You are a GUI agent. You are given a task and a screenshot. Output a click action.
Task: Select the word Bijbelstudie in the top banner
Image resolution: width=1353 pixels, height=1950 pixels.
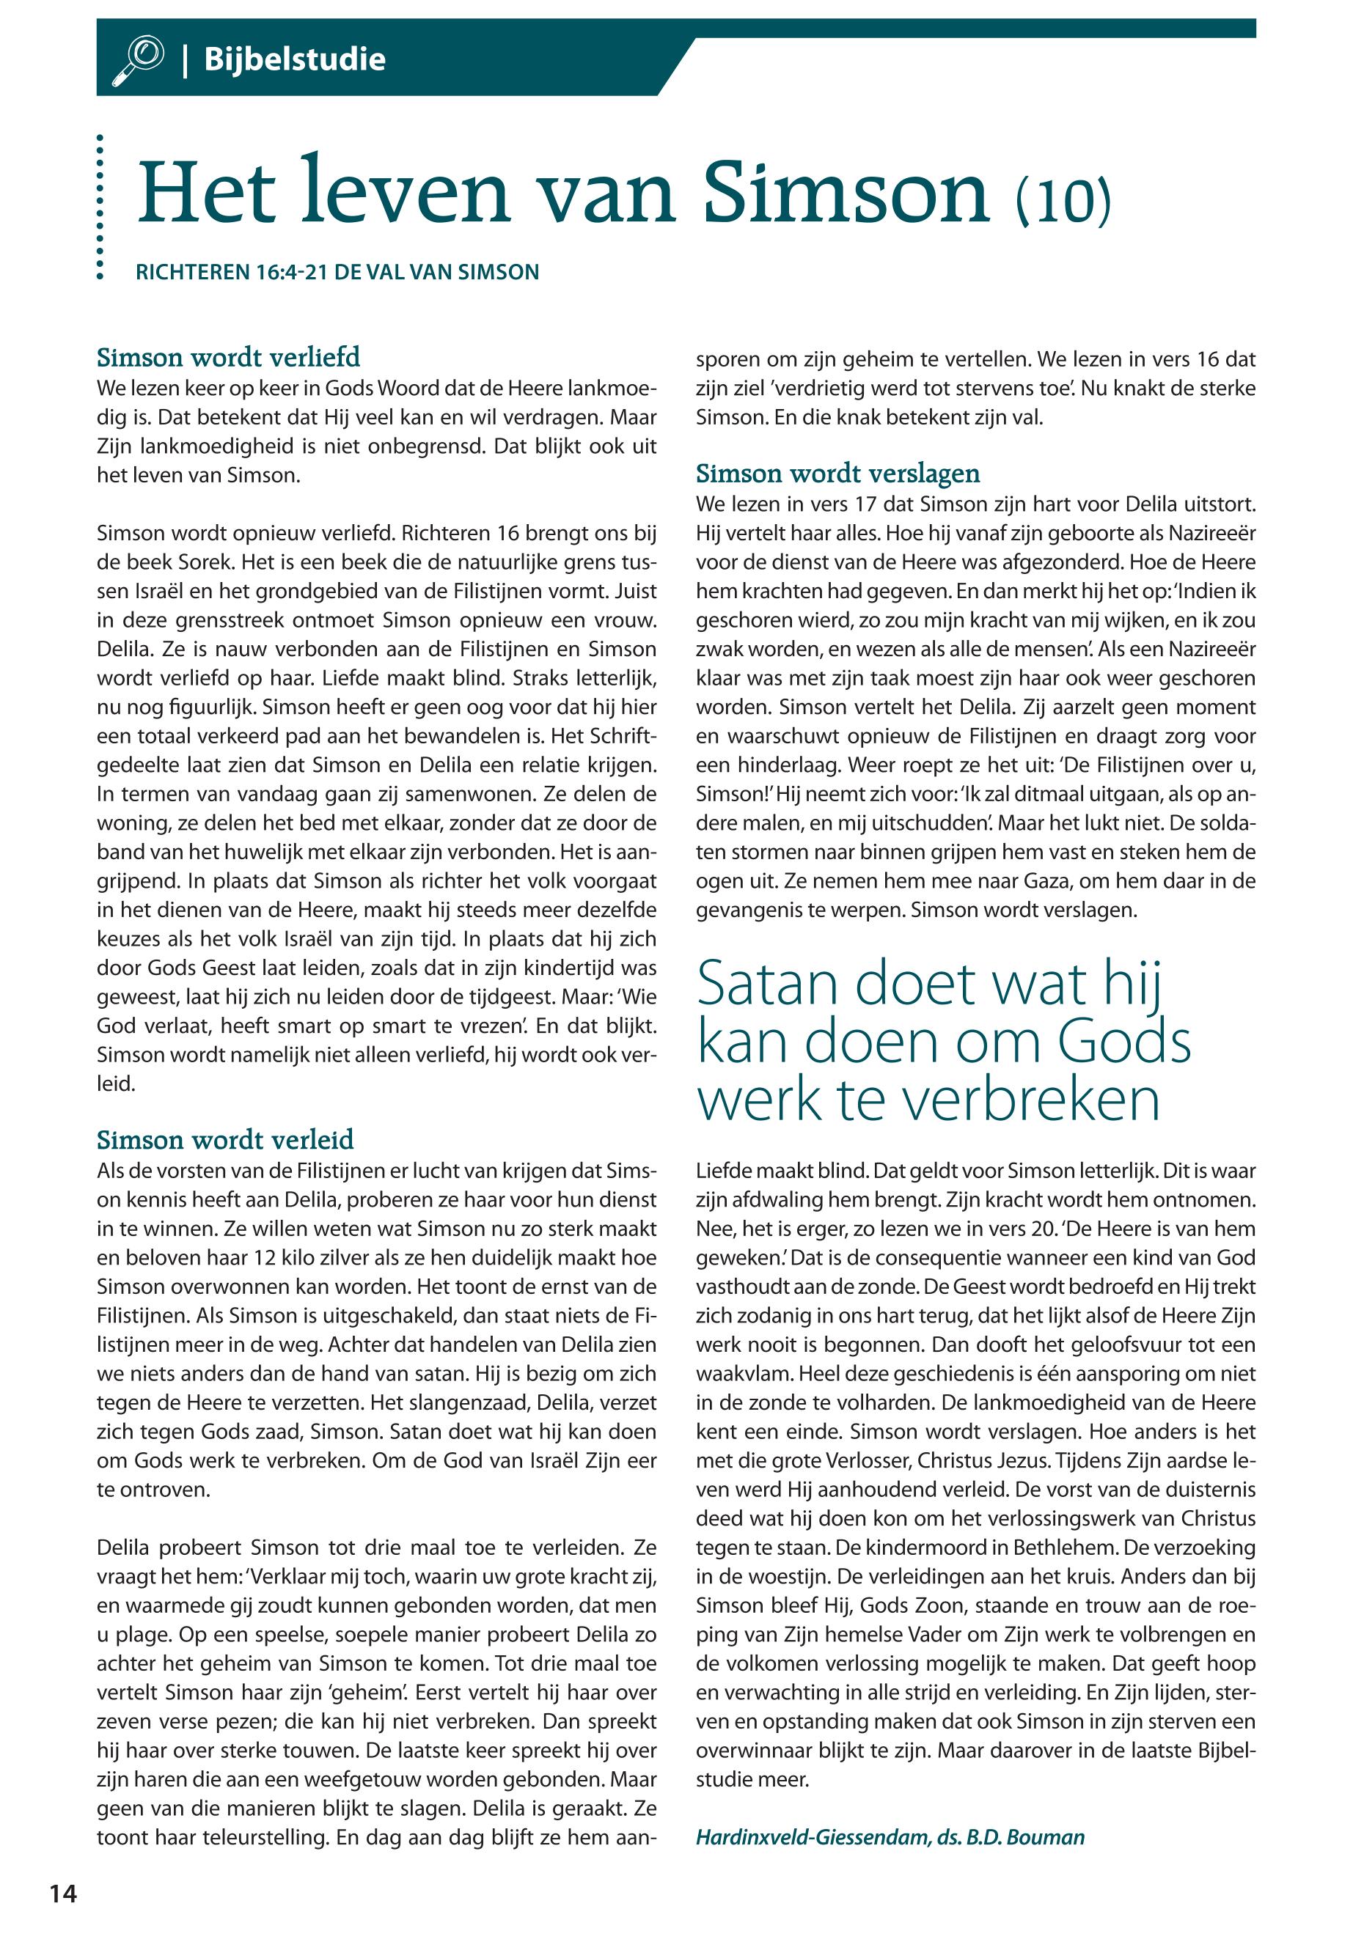coord(294,60)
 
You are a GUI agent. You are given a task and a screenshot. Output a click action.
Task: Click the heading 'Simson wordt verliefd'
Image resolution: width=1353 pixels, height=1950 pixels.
coord(228,357)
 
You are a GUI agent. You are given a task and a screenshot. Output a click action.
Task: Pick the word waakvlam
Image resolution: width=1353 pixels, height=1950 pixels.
coord(743,1374)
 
